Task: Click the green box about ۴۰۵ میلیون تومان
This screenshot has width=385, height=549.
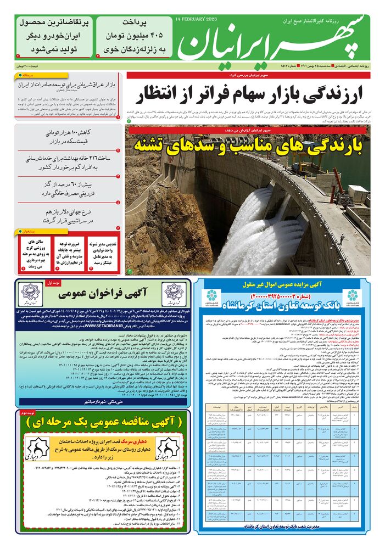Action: click(x=134, y=36)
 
